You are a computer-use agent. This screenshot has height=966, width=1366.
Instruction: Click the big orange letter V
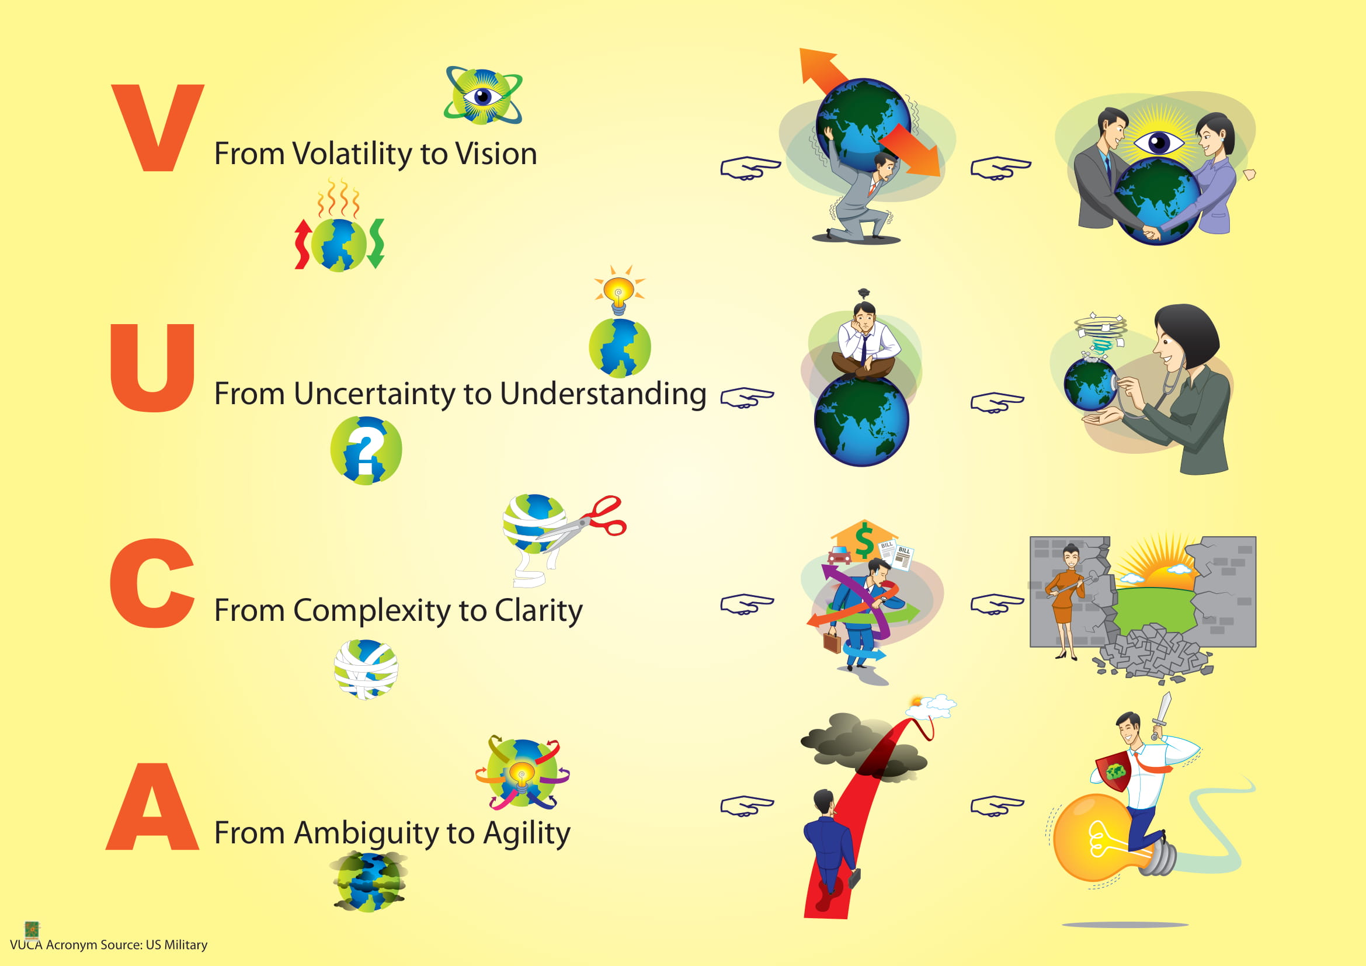(157, 128)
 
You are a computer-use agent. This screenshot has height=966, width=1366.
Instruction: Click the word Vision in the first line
(496, 154)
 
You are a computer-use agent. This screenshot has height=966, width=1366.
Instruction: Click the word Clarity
(538, 611)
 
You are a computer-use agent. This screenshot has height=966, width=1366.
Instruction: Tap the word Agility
(526, 833)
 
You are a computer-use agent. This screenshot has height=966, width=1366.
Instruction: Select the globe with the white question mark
(366, 450)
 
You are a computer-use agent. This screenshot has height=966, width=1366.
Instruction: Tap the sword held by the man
(1162, 714)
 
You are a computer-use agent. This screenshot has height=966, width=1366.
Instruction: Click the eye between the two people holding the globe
(1158, 143)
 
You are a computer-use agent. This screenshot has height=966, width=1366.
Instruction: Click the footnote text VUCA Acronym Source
(109, 944)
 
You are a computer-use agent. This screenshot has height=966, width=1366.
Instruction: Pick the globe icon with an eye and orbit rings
(483, 96)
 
